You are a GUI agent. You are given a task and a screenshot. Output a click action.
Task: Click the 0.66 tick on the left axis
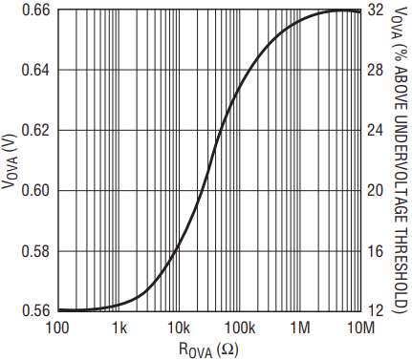coord(35,11)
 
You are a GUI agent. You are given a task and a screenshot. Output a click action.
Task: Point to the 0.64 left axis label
coord(35,70)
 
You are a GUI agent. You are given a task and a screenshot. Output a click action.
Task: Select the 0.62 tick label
coord(35,130)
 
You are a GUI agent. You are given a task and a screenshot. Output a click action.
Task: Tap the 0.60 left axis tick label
coord(35,190)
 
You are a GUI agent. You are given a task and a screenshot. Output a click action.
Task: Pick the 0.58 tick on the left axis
coord(35,251)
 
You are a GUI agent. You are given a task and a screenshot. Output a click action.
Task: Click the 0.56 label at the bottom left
coord(35,310)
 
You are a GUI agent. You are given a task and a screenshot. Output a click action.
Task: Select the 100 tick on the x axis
coord(57,328)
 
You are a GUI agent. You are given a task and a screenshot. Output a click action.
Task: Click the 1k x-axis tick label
coord(119,328)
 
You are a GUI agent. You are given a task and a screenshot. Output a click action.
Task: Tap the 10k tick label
coord(179,328)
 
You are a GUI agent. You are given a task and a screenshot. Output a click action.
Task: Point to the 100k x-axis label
coord(240,328)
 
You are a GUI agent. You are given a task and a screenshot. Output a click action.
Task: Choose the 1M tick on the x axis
coord(300,328)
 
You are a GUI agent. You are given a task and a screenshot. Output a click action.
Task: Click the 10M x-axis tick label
coord(360,328)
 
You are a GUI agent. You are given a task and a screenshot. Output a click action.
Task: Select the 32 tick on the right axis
coord(375,11)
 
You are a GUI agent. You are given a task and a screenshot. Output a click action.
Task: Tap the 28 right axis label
coord(375,70)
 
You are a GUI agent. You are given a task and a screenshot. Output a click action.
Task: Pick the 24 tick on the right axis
coord(375,130)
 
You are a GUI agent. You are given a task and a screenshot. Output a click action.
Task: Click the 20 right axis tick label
coord(375,190)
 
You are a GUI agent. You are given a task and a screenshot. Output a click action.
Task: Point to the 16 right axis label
coord(375,251)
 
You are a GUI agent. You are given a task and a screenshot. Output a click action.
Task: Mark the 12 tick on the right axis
coord(375,310)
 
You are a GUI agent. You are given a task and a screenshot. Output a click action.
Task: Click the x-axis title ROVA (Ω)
coord(208,350)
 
